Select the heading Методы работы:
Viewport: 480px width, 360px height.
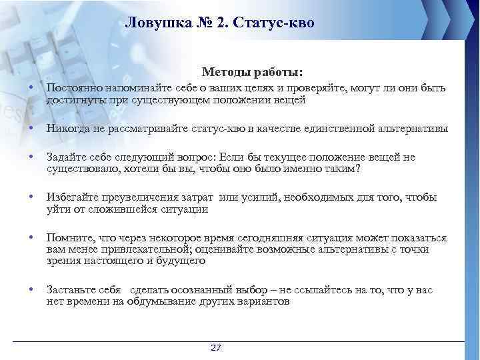[252, 71]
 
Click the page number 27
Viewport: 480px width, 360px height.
[215, 348]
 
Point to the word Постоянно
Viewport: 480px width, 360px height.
[70, 89]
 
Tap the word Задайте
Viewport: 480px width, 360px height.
[65, 157]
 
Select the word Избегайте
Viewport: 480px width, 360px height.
[69, 197]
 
